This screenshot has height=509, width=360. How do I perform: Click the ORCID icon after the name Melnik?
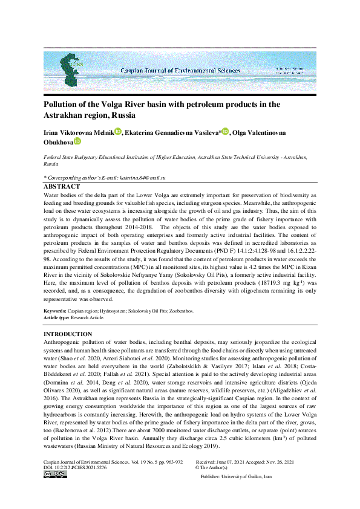pos(118,131)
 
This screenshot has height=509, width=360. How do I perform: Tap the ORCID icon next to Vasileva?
pos(225,131)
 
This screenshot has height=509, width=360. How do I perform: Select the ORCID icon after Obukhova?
pos(77,141)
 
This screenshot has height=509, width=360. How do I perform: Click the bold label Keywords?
pos(58,310)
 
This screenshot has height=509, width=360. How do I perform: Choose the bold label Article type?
pos(61,316)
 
